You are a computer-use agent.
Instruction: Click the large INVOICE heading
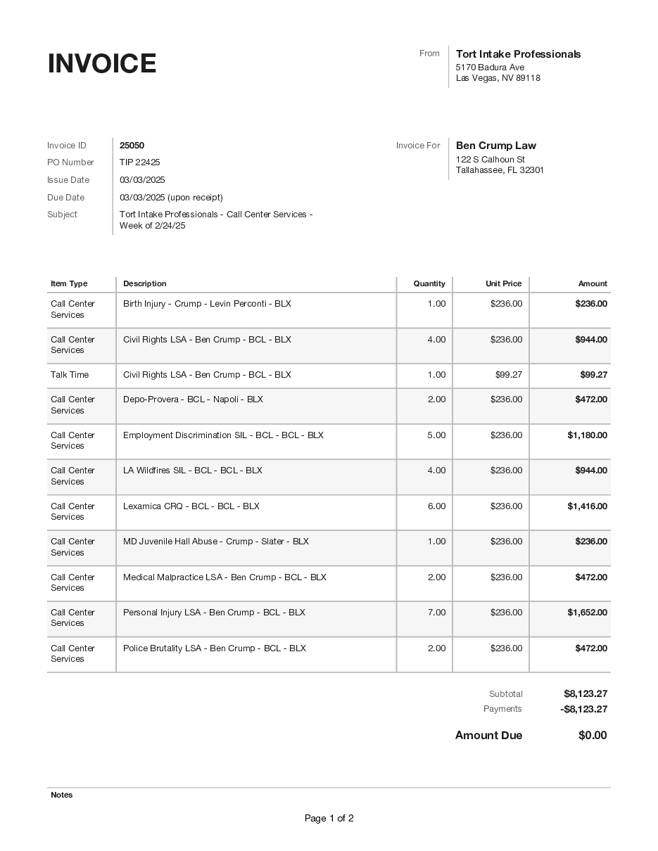(x=102, y=64)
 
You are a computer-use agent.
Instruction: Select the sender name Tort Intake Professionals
(x=518, y=54)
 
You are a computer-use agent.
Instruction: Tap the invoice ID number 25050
(x=132, y=146)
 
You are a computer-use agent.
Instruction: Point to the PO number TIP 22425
(x=139, y=162)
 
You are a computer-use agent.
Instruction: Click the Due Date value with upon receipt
(x=171, y=198)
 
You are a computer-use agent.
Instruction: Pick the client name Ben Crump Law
(x=495, y=146)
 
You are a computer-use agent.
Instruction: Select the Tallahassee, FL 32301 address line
(x=500, y=170)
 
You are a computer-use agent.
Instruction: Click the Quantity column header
(x=429, y=284)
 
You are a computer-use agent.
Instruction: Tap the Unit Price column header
(x=503, y=284)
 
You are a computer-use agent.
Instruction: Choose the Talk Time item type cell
(x=70, y=375)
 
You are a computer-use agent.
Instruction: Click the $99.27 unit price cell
(x=508, y=375)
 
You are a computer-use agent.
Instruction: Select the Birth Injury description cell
(x=207, y=304)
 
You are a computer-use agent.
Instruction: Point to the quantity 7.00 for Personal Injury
(x=436, y=613)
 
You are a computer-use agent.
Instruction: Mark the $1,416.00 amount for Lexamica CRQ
(x=587, y=506)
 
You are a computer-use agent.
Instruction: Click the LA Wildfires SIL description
(x=192, y=471)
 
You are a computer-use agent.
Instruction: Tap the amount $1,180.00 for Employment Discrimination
(x=587, y=435)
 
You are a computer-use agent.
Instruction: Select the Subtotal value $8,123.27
(x=585, y=694)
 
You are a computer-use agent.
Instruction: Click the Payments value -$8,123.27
(x=583, y=709)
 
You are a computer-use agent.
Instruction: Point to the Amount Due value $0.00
(x=592, y=736)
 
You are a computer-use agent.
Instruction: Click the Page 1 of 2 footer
(x=329, y=819)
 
